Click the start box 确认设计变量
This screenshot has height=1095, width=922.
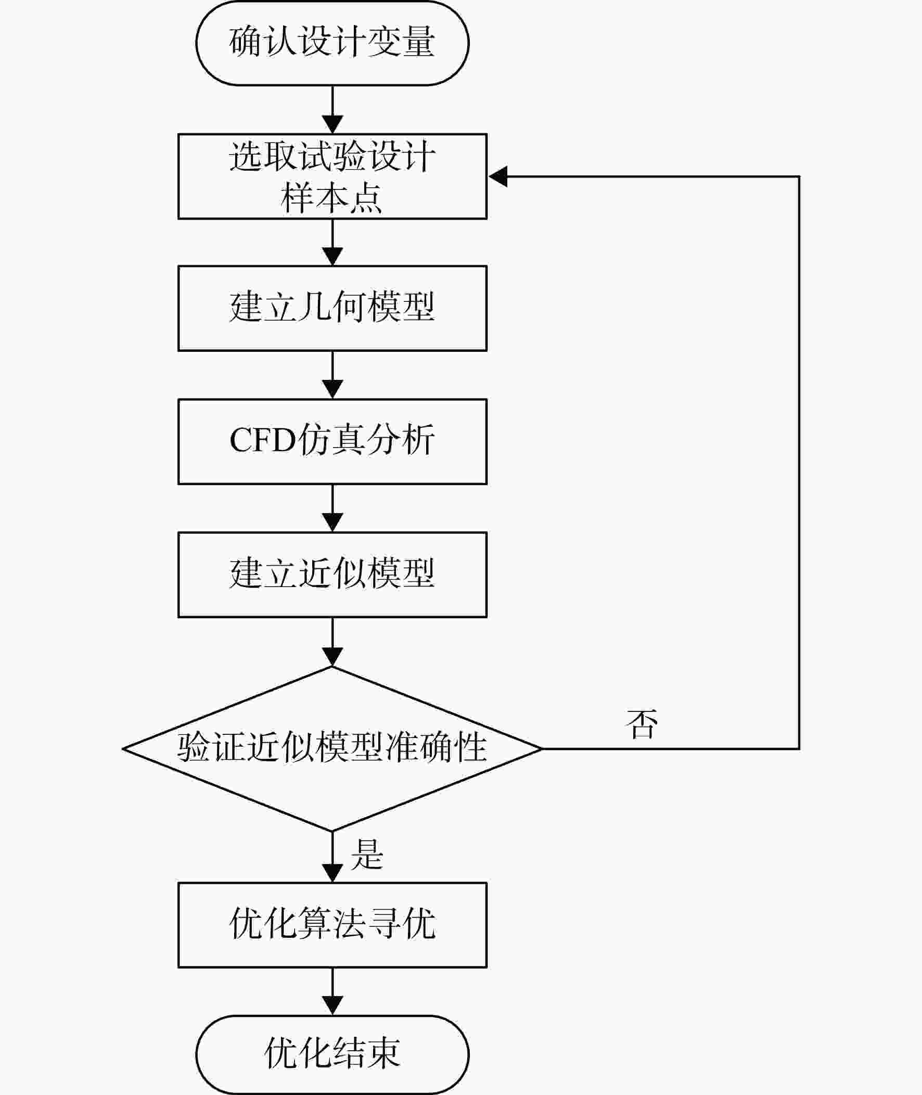[332, 42]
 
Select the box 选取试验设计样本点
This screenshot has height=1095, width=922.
[332, 176]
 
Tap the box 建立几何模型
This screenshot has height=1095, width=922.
[332, 309]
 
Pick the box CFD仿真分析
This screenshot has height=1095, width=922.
[332, 442]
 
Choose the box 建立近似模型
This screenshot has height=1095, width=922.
[332, 575]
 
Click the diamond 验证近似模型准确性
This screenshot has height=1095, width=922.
[332, 749]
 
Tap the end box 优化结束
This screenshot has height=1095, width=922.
[332, 1054]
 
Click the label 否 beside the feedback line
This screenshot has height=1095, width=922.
[642, 724]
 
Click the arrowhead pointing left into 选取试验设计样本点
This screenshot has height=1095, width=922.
[498, 176]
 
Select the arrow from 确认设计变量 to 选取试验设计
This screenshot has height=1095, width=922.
[332, 110]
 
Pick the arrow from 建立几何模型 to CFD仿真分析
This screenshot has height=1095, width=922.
[332, 375]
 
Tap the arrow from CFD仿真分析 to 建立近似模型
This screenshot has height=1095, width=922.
[332, 508]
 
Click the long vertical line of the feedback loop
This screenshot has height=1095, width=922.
[799, 463]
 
